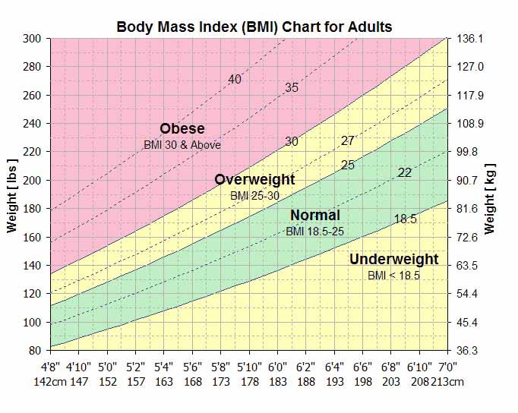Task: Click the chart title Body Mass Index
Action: [254, 27]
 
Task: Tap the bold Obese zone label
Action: [182, 128]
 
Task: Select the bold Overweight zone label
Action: [254, 180]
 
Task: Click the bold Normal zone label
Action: [314, 215]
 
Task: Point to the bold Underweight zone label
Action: [393, 260]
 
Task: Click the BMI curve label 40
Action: [235, 80]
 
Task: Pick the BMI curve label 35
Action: [292, 88]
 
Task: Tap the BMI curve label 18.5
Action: [405, 219]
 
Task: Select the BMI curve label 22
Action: [405, 172]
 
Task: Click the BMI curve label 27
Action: [348, 140]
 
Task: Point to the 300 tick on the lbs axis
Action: [32, 38]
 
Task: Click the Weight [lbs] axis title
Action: [12, 194]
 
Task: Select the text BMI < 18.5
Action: [393, 275]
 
